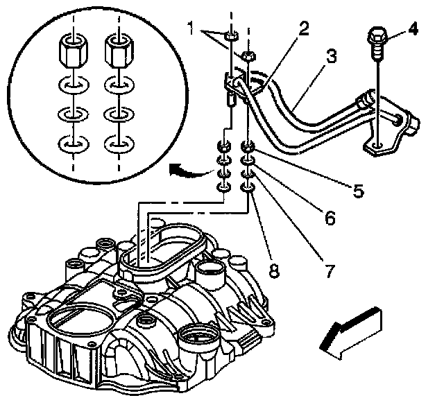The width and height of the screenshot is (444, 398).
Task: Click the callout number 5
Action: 358,191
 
